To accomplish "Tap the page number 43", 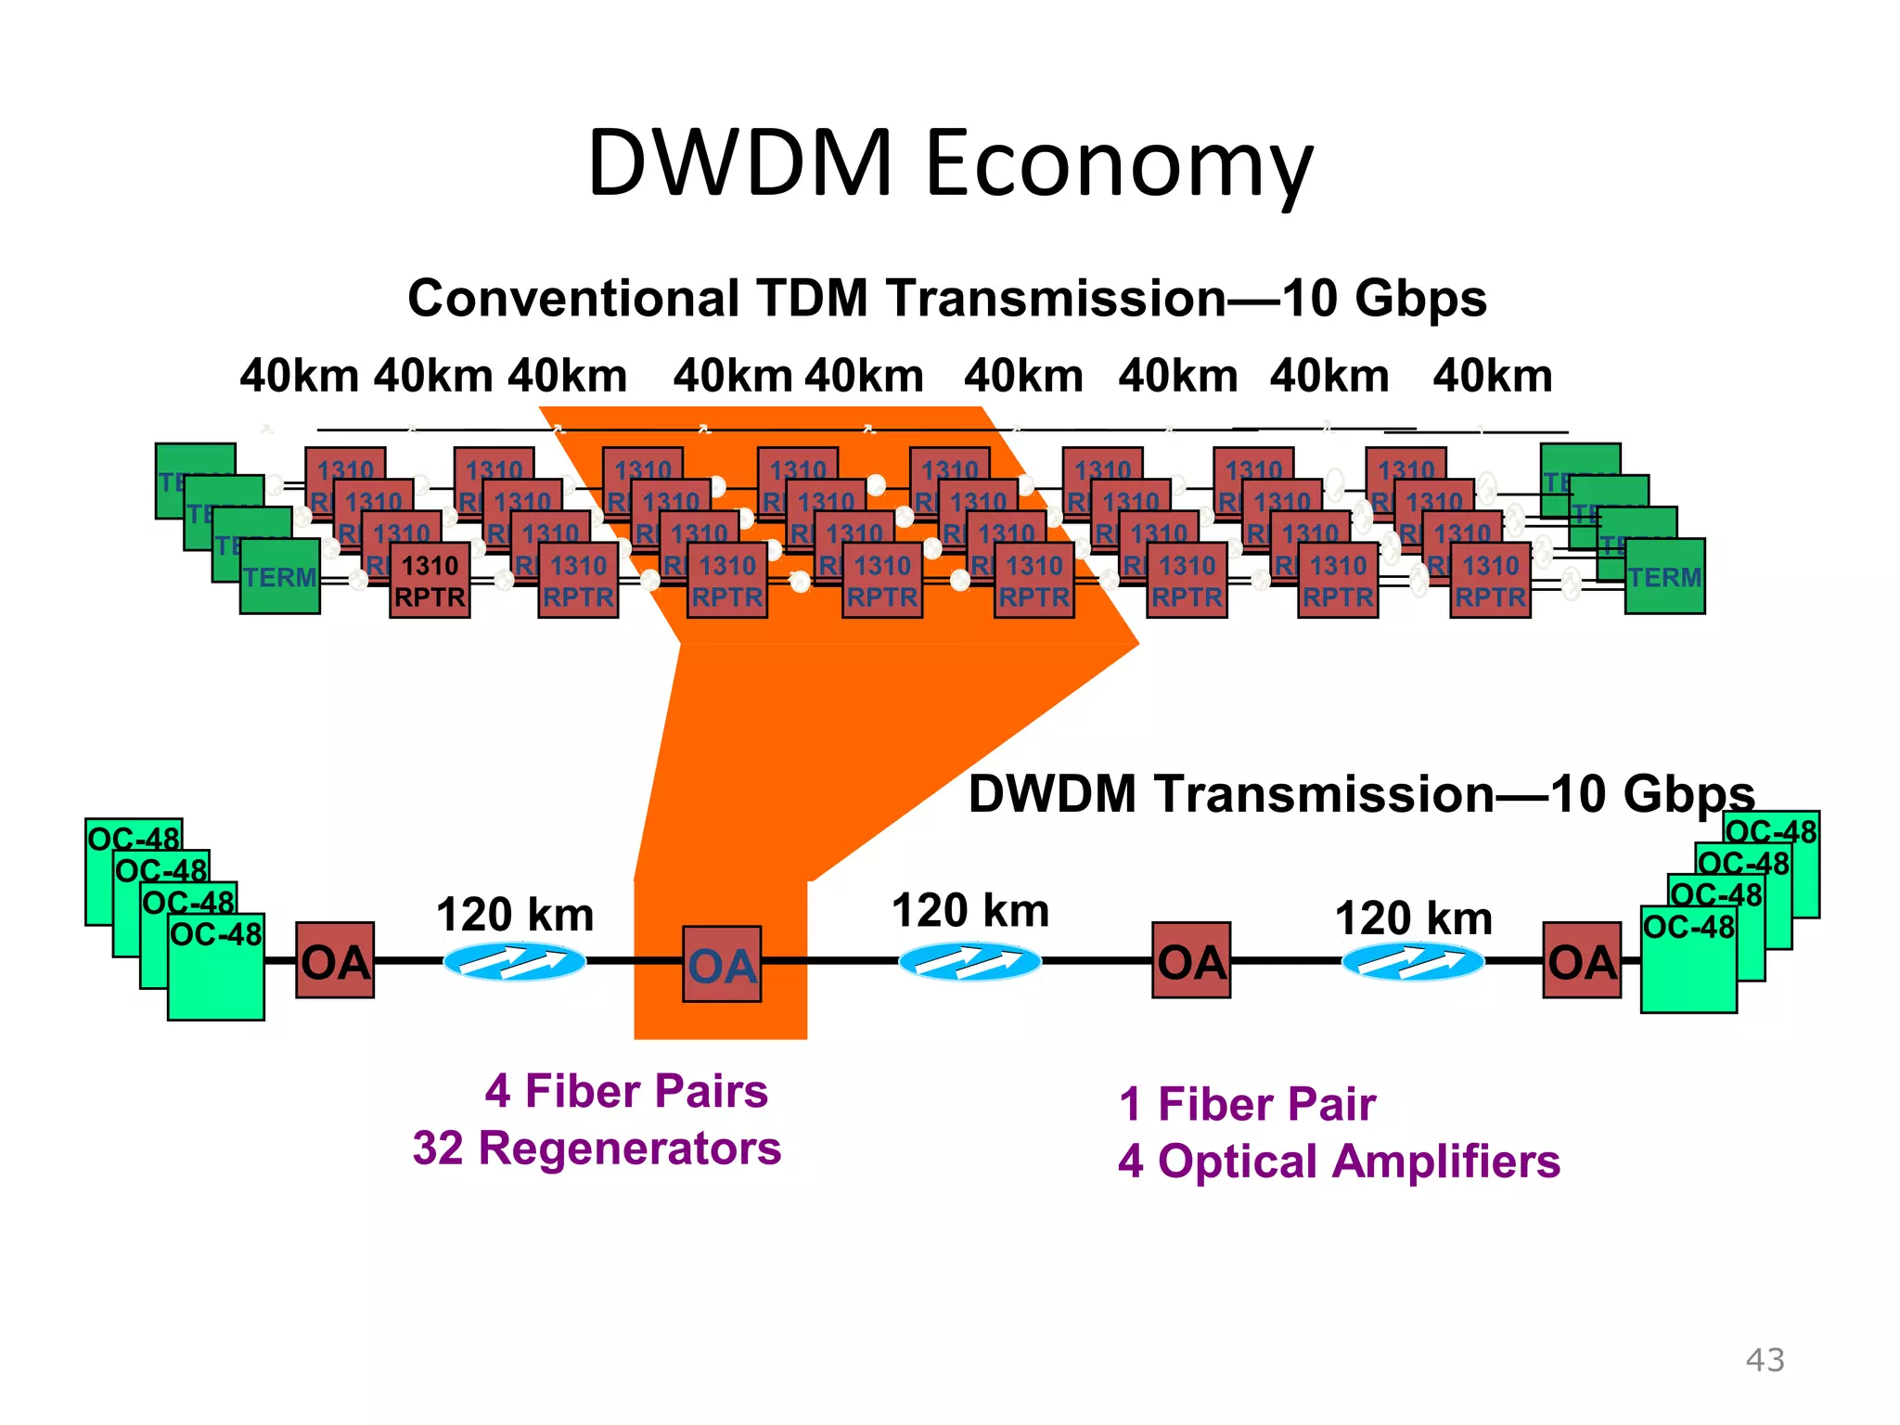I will point(1765,1360).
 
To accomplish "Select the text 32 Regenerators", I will point(597,1149).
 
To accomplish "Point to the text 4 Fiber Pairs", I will point(626,1091).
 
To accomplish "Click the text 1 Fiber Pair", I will point(1247,1105).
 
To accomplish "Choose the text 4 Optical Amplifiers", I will point(1339,1162).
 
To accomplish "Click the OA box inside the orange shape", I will point(722,965).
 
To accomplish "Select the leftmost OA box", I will point(335,961).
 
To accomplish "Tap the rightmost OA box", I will point(1582,961).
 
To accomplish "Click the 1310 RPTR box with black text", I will point(430,582).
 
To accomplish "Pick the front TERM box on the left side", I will point(279,577).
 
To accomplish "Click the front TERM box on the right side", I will point(1664,577).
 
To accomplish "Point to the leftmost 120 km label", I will point(515,916).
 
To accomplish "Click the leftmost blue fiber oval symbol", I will point(515,962).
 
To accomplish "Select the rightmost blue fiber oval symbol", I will point(1413,962).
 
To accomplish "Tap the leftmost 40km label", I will point(299,377).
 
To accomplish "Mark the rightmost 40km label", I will point(1492,377).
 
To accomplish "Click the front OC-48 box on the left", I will point(216,967).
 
